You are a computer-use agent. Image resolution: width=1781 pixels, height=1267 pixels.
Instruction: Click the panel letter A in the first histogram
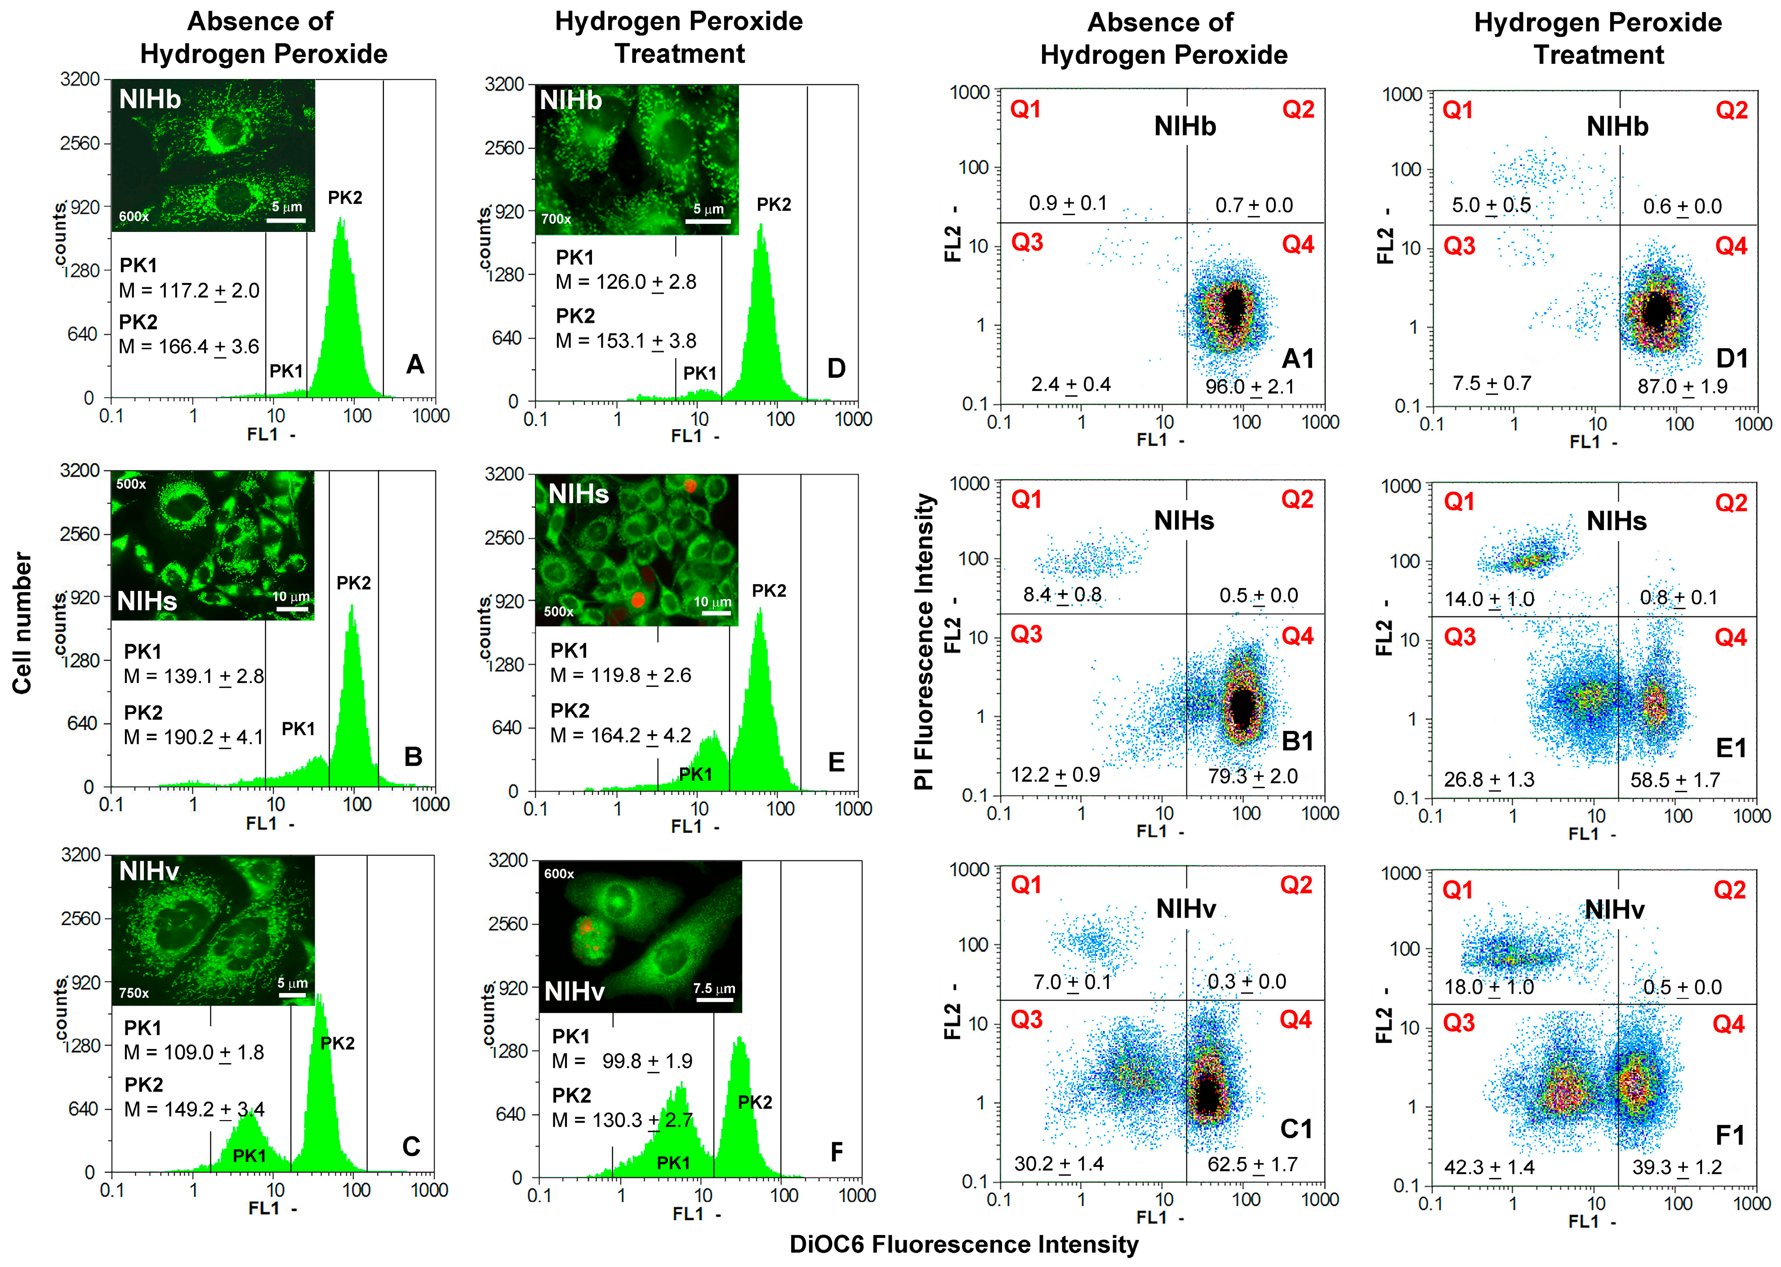pyautogui.click(x=415, y=364)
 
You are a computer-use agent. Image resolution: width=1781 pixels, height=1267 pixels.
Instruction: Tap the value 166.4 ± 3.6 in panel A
pyautogui.click(x=209, y=346)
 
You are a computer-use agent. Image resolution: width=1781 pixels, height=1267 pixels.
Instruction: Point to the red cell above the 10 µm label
pyautogui.click(x=637, y=599)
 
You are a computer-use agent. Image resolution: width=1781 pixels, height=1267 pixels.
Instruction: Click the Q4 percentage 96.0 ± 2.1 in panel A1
pyautogui.click(x=1250, y=386)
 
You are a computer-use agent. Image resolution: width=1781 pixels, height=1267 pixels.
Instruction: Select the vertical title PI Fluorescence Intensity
pyautogui.click(x=924, y=641)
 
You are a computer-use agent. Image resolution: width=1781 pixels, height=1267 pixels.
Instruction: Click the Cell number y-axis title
pyautogui.click(x=22, y=623)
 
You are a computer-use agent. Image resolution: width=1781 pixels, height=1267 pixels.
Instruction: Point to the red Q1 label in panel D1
pyautogui.click(x=1457, y=110)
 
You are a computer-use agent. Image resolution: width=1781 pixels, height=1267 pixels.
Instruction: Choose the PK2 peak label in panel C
pyautogui.click(x=337, y=1043)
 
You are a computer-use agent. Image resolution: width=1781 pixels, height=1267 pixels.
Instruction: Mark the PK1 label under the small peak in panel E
pyautogui.click(x=695, y=774)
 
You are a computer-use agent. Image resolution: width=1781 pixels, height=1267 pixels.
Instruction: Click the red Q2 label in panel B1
pyautogui.click(x=1297, y=499)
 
